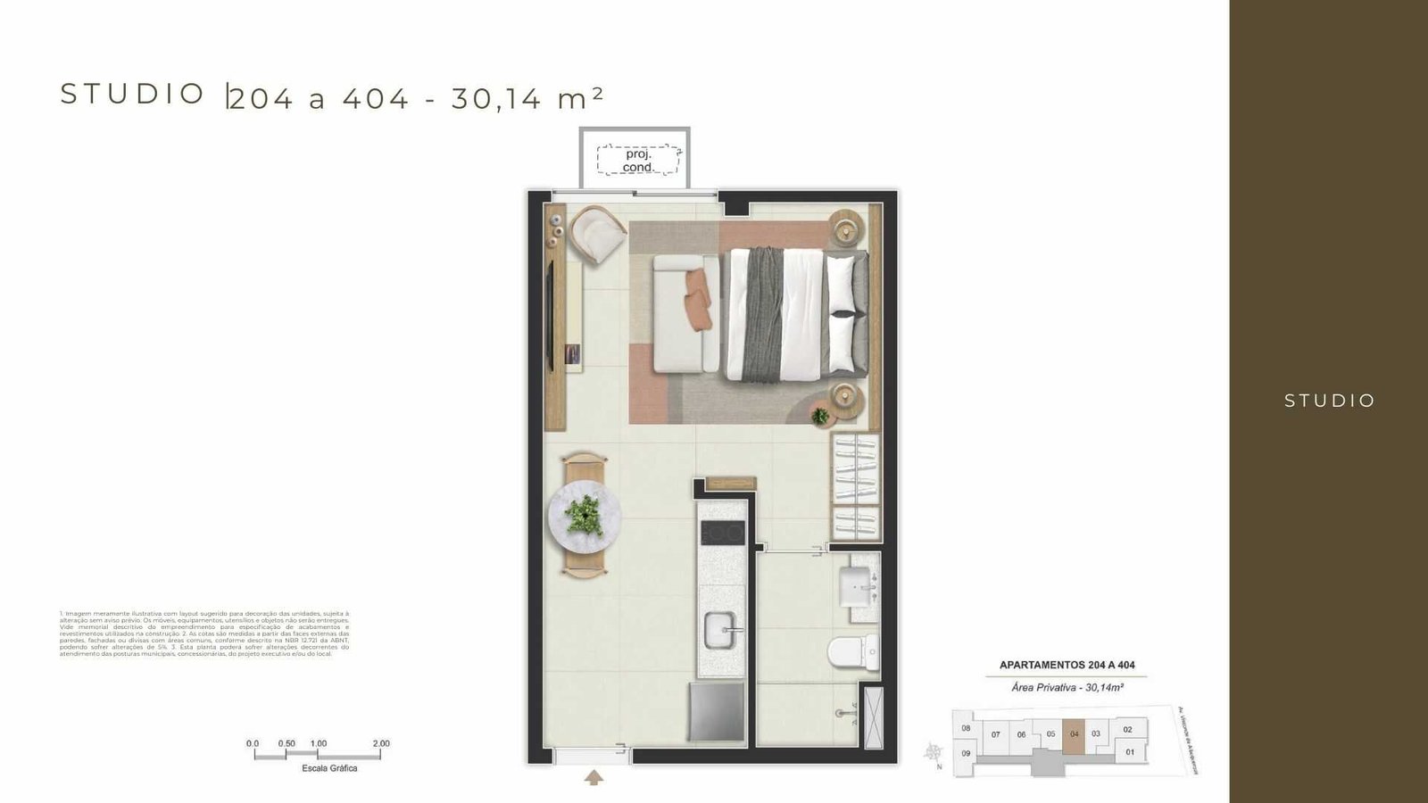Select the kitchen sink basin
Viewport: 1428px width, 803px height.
pyautogui.click(x=720, y=631)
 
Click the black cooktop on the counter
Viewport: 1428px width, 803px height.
pyautogui.click(x=722, y=534)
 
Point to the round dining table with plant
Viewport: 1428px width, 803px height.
pyautogui.click(x=584, y=516)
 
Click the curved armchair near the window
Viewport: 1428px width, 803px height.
pyautogui.click(x=597, y=234)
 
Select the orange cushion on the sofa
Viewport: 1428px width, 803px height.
pyautogui.click(x=698, y=299)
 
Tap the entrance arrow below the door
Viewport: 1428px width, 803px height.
pyautogui.click(x=594, y=778)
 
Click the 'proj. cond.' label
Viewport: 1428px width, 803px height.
pyautogui.click(x=638, y=161)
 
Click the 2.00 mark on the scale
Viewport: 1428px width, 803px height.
pyautogui.click(x=381, y=743)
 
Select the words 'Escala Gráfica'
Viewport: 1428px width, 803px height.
pyautogui.click(x=329, y=768)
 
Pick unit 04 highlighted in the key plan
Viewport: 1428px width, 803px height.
pyautogui.click(x=1074, y=734)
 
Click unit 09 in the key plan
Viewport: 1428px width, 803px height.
pyautogui.click(x=966, y=753)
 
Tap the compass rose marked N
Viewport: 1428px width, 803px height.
pyautogui.click(x=934, y=752)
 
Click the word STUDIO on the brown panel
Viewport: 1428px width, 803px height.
pyautogui.click(x=1329, y=401)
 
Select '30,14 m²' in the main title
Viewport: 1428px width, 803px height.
pyautogui.click(x=527, y=98)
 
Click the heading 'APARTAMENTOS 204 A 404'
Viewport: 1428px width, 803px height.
pyautogui.click(x=1067, y=665)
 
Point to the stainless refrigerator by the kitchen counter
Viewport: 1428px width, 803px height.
pyautogui.click(x=717, y=711)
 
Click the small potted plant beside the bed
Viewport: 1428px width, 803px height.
pyautogui.click(x=820, y=415)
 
